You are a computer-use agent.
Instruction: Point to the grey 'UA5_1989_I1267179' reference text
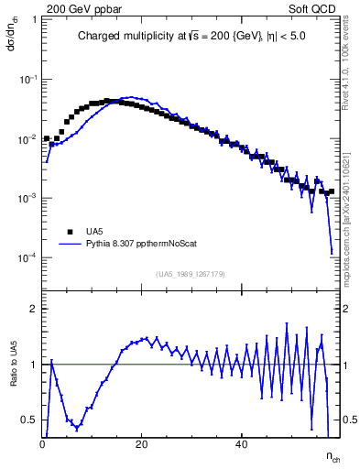tap(191, 274)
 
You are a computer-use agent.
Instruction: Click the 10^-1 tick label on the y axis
tap(28, 80)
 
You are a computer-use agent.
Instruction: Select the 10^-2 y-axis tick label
tap(28, 139)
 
